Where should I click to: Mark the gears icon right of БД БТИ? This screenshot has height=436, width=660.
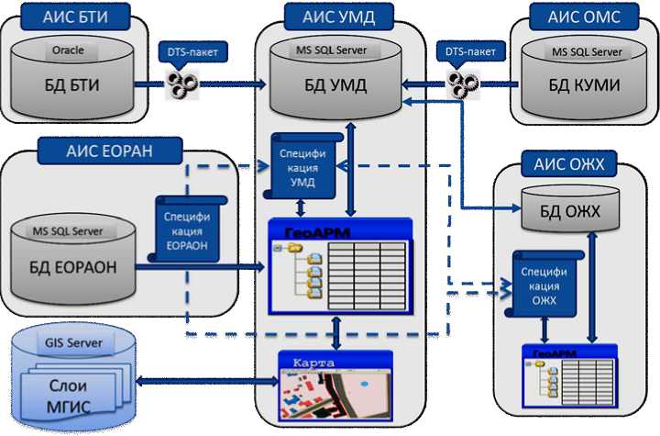[x=178, y=85]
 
